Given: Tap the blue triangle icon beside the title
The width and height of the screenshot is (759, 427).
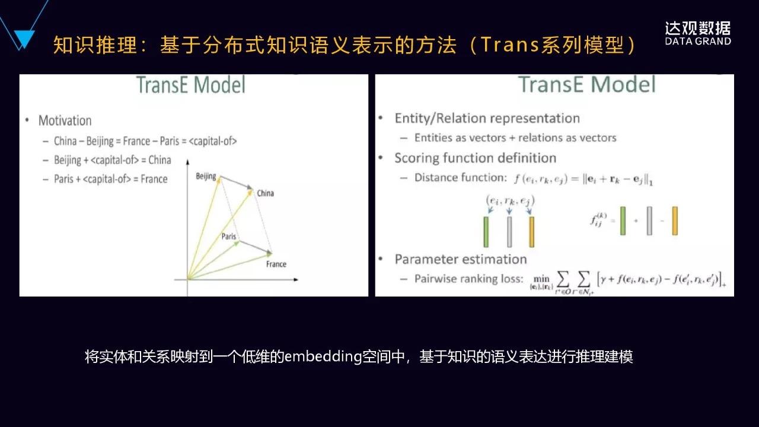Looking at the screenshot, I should point(24,39).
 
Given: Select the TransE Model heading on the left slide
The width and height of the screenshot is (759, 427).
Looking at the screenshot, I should point(190,85).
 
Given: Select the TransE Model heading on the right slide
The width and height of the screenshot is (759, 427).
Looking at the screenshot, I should point(587,85).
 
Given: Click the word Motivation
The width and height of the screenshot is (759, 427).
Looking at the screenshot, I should point(65,120).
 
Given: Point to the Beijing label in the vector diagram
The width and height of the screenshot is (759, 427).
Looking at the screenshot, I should point(206,176).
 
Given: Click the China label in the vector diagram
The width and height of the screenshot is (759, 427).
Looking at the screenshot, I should point(265,193).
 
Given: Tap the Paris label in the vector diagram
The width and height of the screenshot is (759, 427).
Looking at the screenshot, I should point(228,237).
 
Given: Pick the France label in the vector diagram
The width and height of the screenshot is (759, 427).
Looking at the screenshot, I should point(276,264).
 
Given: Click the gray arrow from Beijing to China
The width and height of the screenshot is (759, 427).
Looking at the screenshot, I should point(235,183).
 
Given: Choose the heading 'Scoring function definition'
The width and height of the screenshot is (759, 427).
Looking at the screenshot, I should point(475,158).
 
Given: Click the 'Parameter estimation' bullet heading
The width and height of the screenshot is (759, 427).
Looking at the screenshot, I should point(460,259).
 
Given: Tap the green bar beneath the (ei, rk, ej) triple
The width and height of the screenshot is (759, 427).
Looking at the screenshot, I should point(486,232).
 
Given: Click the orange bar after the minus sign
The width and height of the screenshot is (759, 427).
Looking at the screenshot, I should point(675,221).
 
